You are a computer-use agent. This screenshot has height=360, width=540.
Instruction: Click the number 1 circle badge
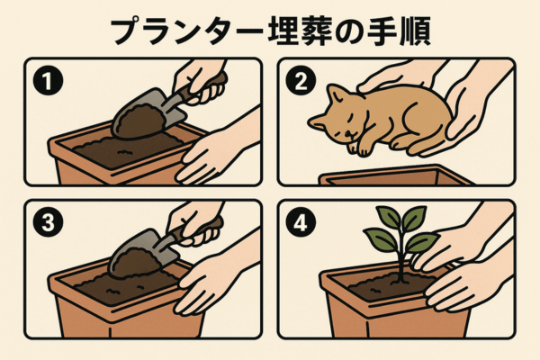click(49, 81)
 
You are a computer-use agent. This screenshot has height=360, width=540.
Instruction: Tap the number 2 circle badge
click(301, 80)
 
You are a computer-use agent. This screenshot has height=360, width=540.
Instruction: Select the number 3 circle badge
click(49, 221)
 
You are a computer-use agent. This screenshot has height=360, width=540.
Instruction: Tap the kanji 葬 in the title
click(318, 31)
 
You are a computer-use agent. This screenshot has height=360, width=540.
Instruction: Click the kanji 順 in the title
click(415, 31)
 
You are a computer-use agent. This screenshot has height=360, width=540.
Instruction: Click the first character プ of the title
click(128, 31)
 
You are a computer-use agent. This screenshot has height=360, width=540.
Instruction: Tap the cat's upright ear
click(335, 93)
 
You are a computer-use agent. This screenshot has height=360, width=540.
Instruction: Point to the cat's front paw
click(363, 148)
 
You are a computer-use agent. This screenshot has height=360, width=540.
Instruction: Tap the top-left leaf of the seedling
click(389, 217)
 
